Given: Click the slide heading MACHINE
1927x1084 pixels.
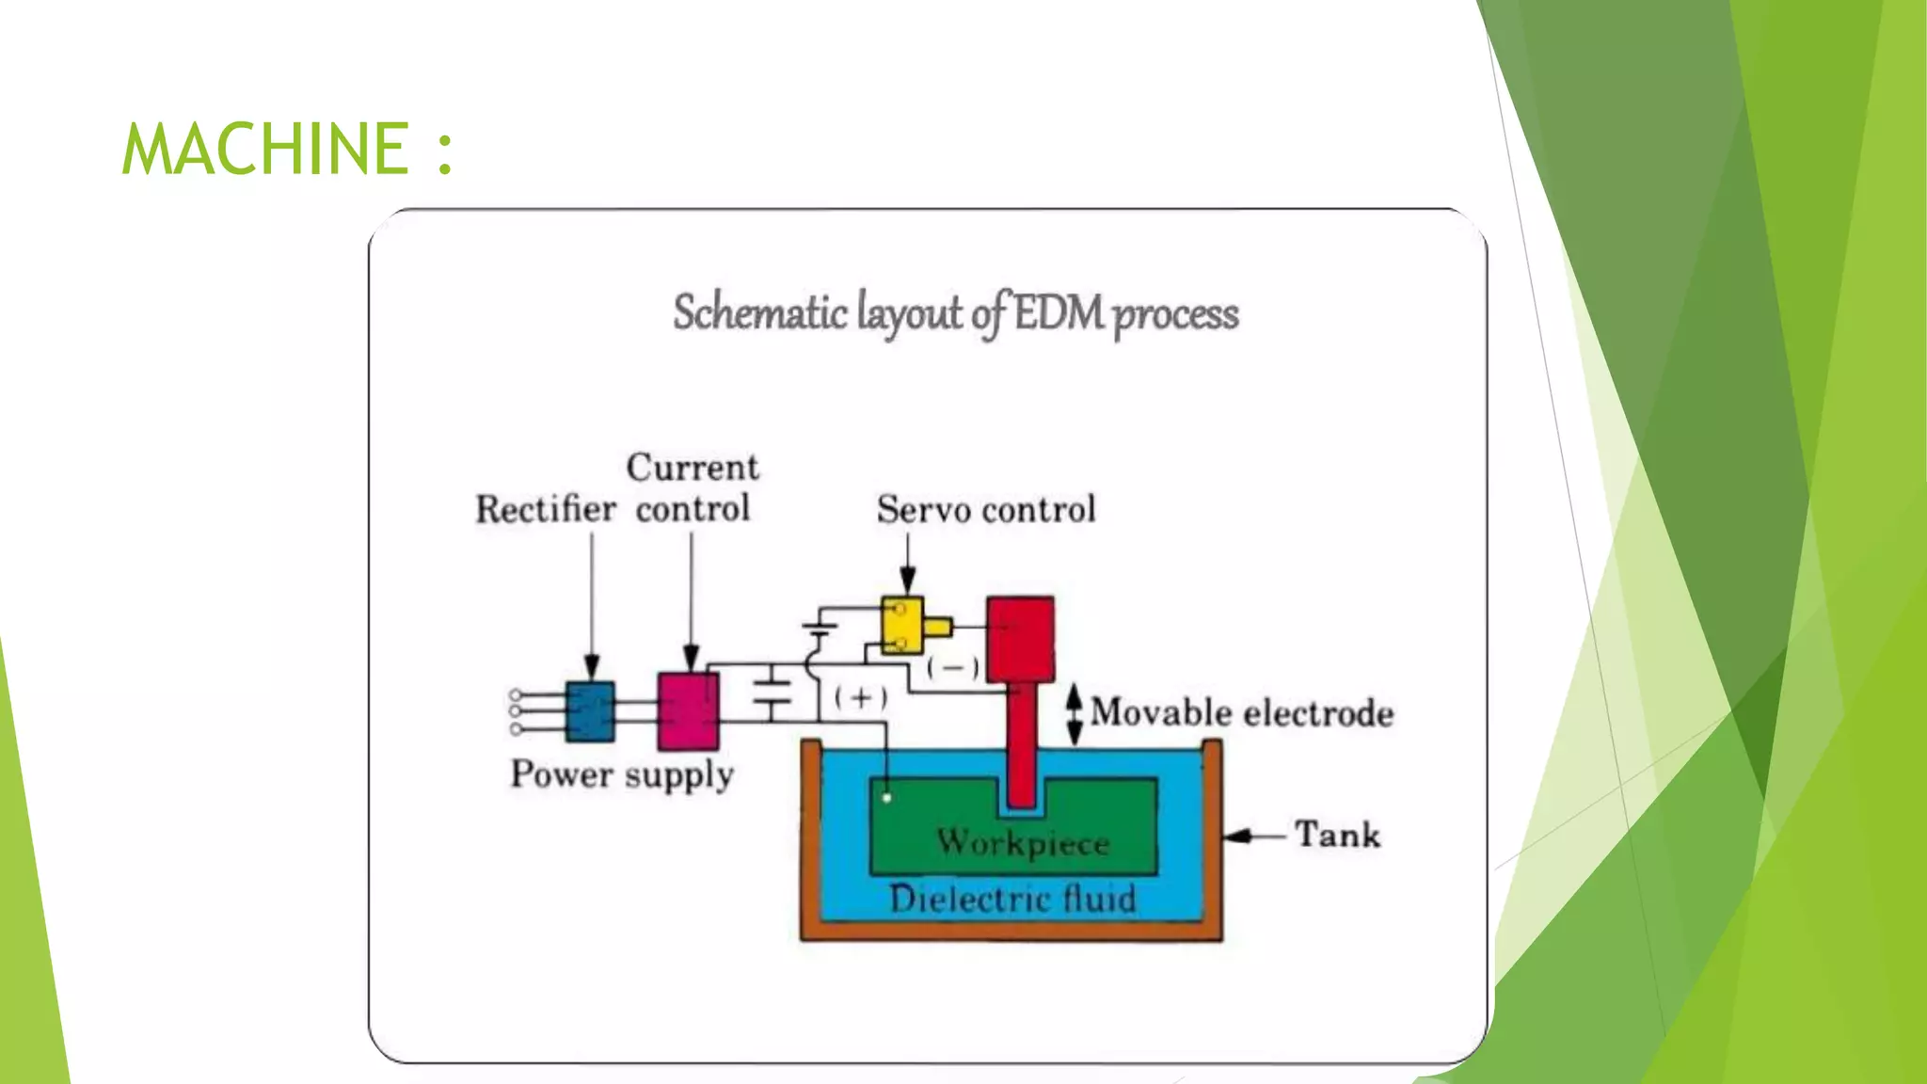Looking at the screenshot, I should tap(265, 149).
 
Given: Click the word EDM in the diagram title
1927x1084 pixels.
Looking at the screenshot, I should tap(1059, 313).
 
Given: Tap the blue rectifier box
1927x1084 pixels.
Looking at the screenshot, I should tap(590, 711).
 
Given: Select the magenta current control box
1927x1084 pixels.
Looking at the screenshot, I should tap(688, 710).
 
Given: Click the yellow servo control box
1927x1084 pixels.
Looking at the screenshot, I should tap(902, 626).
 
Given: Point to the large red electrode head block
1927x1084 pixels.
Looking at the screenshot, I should tap(1020, 639).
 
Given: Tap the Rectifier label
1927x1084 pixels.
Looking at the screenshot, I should tap(545, 509).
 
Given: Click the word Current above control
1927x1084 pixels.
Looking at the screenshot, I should tap(693, 468).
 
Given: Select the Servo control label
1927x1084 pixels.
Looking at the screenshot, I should tap(986, 509).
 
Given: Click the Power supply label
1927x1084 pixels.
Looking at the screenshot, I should tap(622, 774).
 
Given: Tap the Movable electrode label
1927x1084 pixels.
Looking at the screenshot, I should tap(1241, 712).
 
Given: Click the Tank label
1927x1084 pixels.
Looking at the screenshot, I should tap(1337, 835).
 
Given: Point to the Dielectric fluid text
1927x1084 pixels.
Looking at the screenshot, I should tap(1012, 899).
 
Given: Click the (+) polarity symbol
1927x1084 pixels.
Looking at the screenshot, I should tap(860, 697).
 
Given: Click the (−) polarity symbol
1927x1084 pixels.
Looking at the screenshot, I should tap(952, 667).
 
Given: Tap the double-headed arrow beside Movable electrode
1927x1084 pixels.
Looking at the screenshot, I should tap(1074, 713).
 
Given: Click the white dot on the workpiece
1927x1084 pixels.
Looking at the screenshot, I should tap(886, 798).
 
